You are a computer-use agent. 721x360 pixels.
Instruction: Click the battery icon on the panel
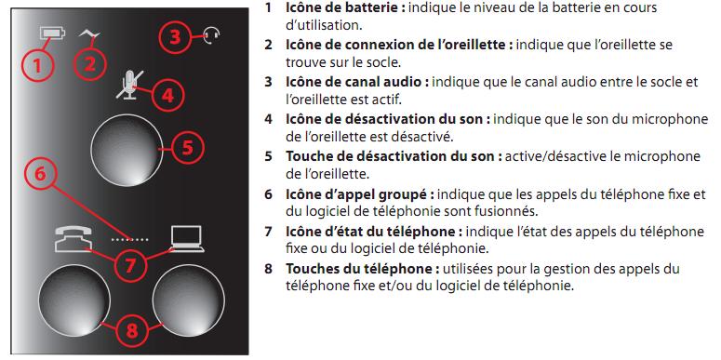pos(53,33)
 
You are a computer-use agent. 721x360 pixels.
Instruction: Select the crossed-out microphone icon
pos(130,85)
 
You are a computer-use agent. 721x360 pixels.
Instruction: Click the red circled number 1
pos(37,66)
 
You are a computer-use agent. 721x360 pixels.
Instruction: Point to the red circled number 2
pos(89,63)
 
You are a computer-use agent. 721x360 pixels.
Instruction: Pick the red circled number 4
pos(167,95)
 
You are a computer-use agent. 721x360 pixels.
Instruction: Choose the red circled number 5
pos(188,148)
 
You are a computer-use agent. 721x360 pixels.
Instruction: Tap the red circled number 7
pos(130,264)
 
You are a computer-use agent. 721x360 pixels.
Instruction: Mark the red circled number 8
pos(132,330)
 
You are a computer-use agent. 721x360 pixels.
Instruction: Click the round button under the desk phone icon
pos(74,300)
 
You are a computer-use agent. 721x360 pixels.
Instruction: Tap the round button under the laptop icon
pos(189,300)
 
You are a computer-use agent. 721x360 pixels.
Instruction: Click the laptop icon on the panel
pos(187,239)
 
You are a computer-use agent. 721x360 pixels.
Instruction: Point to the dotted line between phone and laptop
pos(130,240)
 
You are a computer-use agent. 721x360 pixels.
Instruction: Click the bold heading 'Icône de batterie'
pos(345,7)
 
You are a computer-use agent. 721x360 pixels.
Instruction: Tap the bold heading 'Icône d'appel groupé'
pos(360,194)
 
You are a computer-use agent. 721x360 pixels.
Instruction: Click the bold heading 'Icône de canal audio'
pos(357,82)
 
